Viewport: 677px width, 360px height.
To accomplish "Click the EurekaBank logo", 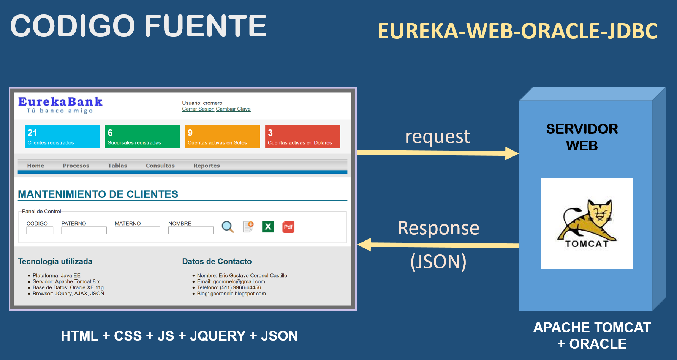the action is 60,104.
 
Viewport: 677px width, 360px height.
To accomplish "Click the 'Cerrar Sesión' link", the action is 198,109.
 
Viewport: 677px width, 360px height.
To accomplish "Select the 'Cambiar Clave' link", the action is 233,109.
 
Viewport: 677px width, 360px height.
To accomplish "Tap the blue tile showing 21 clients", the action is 62,136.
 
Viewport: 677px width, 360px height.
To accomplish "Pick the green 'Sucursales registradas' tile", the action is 142,136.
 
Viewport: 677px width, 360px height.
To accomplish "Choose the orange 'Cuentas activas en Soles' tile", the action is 222,136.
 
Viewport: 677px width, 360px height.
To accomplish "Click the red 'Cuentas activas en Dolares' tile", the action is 302,136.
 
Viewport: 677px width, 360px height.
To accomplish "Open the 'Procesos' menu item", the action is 76,166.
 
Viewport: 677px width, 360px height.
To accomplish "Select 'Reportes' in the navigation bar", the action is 206,166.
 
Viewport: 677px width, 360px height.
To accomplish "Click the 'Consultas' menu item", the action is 160,166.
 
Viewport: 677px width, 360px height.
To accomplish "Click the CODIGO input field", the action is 40,231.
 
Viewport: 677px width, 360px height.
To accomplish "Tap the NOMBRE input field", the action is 191,231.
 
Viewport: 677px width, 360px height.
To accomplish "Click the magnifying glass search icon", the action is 228,227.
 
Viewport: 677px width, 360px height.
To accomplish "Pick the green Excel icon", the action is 268,227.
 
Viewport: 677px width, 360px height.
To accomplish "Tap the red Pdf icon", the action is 288,227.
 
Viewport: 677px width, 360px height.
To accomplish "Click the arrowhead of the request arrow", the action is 512,153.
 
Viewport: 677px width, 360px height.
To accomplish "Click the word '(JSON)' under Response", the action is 438,262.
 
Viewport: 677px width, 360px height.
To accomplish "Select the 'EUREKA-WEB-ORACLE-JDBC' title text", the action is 517,31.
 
